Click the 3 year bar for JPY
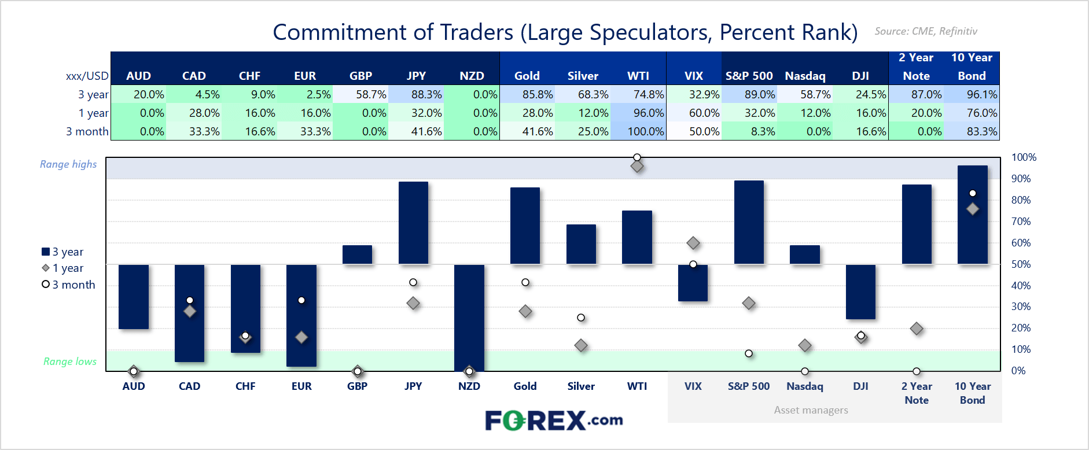(x=413, y=223)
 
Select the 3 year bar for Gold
(x=525, y=226)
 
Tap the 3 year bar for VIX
(x=693, y=283)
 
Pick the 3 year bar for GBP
(x=357, y=254)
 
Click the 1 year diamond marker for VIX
(x=693, y=243)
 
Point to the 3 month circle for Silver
(x=581, y=318)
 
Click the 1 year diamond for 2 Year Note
(x=917, y=329)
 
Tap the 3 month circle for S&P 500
(x=749, y=353)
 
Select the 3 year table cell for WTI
(x=638, y=94)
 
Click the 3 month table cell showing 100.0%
(x=638, y=131)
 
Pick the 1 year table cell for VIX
(x=694, y=113)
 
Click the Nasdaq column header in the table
(x=805, y=76)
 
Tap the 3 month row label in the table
(x=87, y=131)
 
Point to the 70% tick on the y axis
(x=1021, y=222)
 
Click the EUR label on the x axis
(x=301, y=386)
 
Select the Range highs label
(x=68, y=164)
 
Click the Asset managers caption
(x=811, y=410)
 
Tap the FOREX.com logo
(x=554, y=421)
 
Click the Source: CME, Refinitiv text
(x=926, y=31)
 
